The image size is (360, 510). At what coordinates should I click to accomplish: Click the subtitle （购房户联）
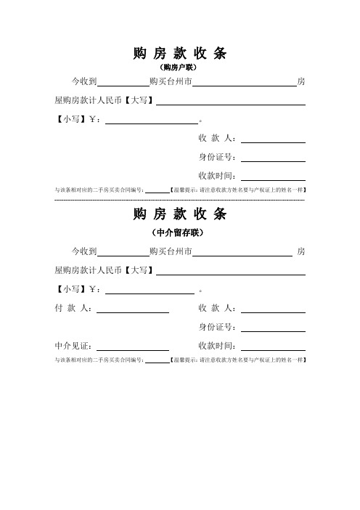[x=180, y=67]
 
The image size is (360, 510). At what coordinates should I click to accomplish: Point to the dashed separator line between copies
[x=180, y=198]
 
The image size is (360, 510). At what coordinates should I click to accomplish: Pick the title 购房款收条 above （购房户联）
[x=180, y=53]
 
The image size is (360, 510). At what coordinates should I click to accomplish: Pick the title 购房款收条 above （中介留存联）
[x=180, y=214]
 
